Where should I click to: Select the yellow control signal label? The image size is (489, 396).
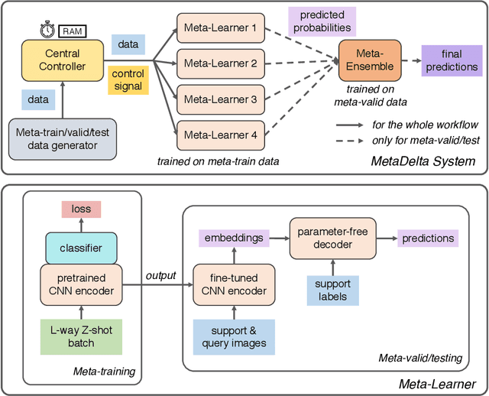[x=128, y=80]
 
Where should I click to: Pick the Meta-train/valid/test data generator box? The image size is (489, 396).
[x=62, y=138]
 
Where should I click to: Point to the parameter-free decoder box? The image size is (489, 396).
[x=330, y=239]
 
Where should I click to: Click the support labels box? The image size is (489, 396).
[x=330, y=289]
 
